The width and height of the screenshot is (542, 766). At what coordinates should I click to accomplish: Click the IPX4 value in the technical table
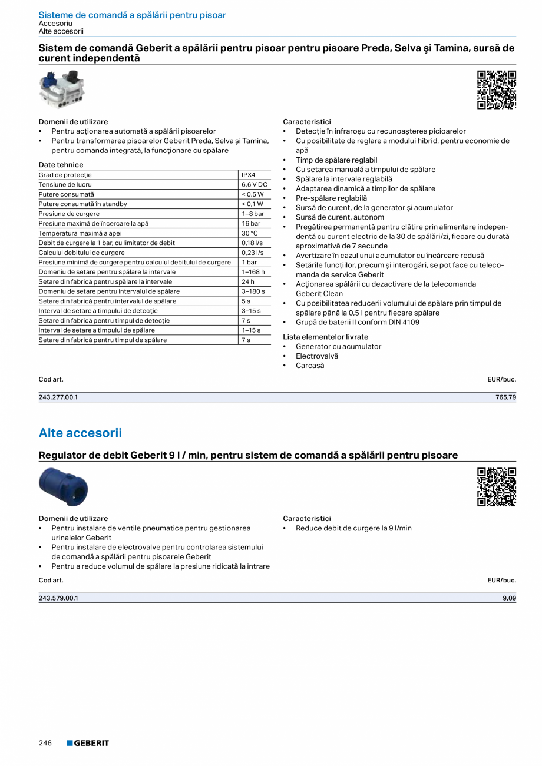(x=248, y=175)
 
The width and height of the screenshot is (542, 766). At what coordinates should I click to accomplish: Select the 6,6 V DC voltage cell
(x=254, y=184)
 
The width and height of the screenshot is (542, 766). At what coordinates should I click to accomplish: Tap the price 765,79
(x=505, y=397)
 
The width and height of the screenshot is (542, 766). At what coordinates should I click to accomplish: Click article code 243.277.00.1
(x=58, y=397)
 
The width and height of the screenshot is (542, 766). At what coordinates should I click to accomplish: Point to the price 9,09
(x=510, y=598)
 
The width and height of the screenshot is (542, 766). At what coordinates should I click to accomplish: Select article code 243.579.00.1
(x=58, y=598)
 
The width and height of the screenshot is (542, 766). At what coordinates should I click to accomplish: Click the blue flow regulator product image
(x=62, y=487)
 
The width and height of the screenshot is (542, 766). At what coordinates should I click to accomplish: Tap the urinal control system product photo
(x=62, y=89)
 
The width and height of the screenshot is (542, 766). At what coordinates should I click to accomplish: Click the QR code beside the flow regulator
(x=496, y=487)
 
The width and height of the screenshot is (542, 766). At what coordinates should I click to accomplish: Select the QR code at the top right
(x=496, y=89)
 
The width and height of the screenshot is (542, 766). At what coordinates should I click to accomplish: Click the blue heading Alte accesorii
(x=80, y=433)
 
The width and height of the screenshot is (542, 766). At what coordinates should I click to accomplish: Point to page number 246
(x=45, y=743)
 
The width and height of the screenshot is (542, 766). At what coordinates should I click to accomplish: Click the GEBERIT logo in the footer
(x=88, y=743)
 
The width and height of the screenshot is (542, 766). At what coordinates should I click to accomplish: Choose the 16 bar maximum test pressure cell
(x=250, y=223)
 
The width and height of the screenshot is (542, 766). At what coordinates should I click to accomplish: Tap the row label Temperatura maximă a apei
(x=80, y=233)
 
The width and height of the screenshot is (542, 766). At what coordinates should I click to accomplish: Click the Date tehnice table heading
(x=61, y=165)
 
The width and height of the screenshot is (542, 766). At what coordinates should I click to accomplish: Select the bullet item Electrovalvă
(x=317, y=356)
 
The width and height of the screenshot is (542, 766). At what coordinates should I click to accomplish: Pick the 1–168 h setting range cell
(x=253, y=272)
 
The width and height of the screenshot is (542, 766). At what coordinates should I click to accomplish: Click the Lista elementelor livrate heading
(x=325, y=337)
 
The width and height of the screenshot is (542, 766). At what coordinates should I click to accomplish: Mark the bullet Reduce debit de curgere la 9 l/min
(x=353, y=528)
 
